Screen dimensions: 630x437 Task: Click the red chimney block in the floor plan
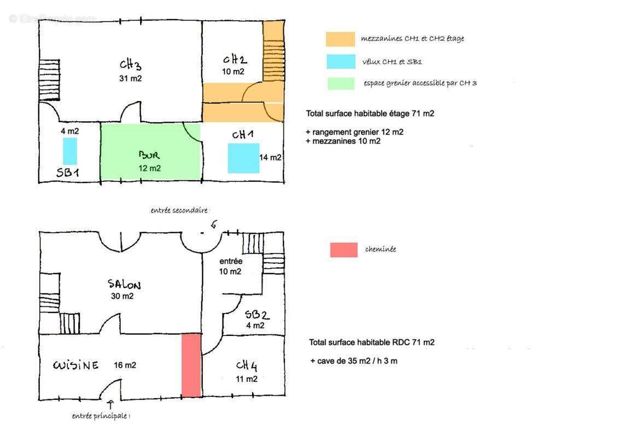pyautogui.click(x=191, y=365)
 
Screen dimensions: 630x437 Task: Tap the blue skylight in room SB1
pyautogui.click(x=70, y=151)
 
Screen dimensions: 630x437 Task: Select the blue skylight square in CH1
pyautogui.click(x=243, y=158)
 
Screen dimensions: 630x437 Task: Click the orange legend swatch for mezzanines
pyautogui.click(x=340, y=39)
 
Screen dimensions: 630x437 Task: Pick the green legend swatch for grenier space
pyautogui.click(x=341, y=84)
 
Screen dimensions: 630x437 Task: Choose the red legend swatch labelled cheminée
pyautogui.click(x=344, y=250)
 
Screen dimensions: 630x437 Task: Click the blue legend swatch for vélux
pyautogui.click(x=341, y=61)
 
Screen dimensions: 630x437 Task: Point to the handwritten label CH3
pyautogui.click(x=131, y=64)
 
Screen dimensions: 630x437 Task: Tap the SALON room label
pyautogui.click(x=124, y=285)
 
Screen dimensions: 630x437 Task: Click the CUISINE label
pyautogui.click(x=76, y=365)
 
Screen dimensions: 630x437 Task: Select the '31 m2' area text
pyautogui.click(x=131, y=78)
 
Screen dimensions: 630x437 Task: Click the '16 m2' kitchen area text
pyautogui.click(x=125, y=365)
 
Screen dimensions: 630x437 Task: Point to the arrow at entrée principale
pyautogui.click(x=110, y=404)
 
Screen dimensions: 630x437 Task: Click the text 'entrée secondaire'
pyautogui.click(x=179, y=210)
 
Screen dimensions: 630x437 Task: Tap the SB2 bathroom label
pyautogui.click(x=257, y=315)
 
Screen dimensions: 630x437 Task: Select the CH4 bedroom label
pyautogui.click(x=246, y=365)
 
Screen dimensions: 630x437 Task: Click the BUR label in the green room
pyautogui.click(x=149, y=155)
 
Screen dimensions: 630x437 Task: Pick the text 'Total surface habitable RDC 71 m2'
pyautogui.click(x=372, y=342)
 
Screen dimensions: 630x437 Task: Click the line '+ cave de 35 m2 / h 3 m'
pyautogui.click(x=354, y=361)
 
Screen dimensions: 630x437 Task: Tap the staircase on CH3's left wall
pyautogui.click(x=49, y=80)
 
